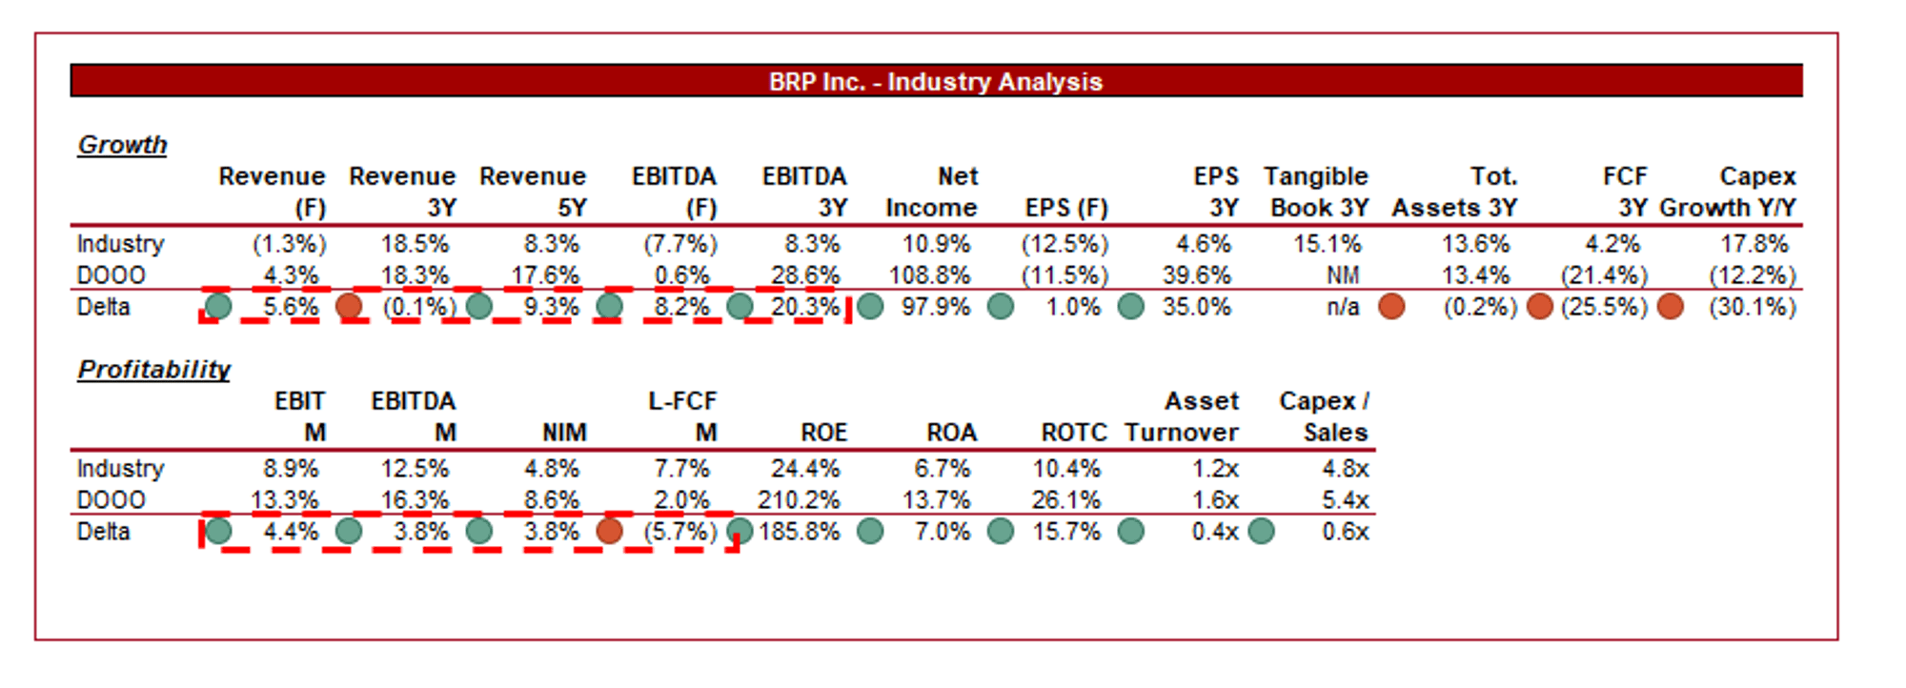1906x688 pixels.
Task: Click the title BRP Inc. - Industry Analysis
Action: [935, 82]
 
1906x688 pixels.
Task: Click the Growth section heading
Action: [122, 145]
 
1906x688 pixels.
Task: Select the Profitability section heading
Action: [153, 370]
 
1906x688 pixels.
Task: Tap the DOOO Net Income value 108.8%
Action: [929, 275]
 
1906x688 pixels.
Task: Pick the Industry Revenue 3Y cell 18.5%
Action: [415, 244]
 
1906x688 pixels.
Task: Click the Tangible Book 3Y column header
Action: [1316, 192]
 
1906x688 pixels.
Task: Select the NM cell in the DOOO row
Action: [1342, 275]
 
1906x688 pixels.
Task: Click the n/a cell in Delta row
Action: [1343, 307]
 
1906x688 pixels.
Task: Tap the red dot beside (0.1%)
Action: [349, 307]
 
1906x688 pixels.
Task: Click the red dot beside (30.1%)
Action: [1670, 307]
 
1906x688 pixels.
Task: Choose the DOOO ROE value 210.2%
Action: [799, 500]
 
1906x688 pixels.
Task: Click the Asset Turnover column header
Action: [1182, 416]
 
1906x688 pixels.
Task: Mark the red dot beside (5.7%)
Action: [609, 531]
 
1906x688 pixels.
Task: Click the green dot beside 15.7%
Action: [1001, 531]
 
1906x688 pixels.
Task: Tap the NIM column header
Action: [564, 433]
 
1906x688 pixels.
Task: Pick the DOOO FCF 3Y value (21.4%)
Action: [1604, 275]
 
